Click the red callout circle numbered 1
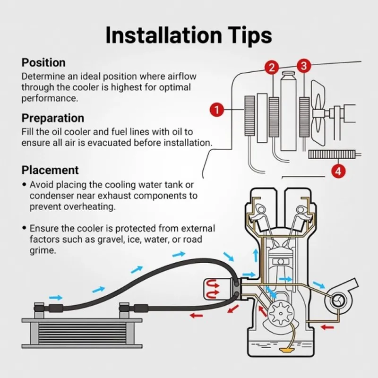point(217,110)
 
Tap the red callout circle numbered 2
point(272,68)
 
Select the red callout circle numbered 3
point(304,66)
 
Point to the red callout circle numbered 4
point(338,171)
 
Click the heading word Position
point(43,62)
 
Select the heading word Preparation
point(53,118)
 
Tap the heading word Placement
point(50,170)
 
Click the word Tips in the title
point(248,36)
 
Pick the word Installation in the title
point(163,35)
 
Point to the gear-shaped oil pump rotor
point(281,313)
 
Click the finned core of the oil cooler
point(82,334)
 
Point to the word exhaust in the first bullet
point(114,196)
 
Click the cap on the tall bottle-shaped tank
point(288,73)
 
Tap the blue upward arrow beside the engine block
point(256,256)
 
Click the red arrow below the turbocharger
point(327,327)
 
